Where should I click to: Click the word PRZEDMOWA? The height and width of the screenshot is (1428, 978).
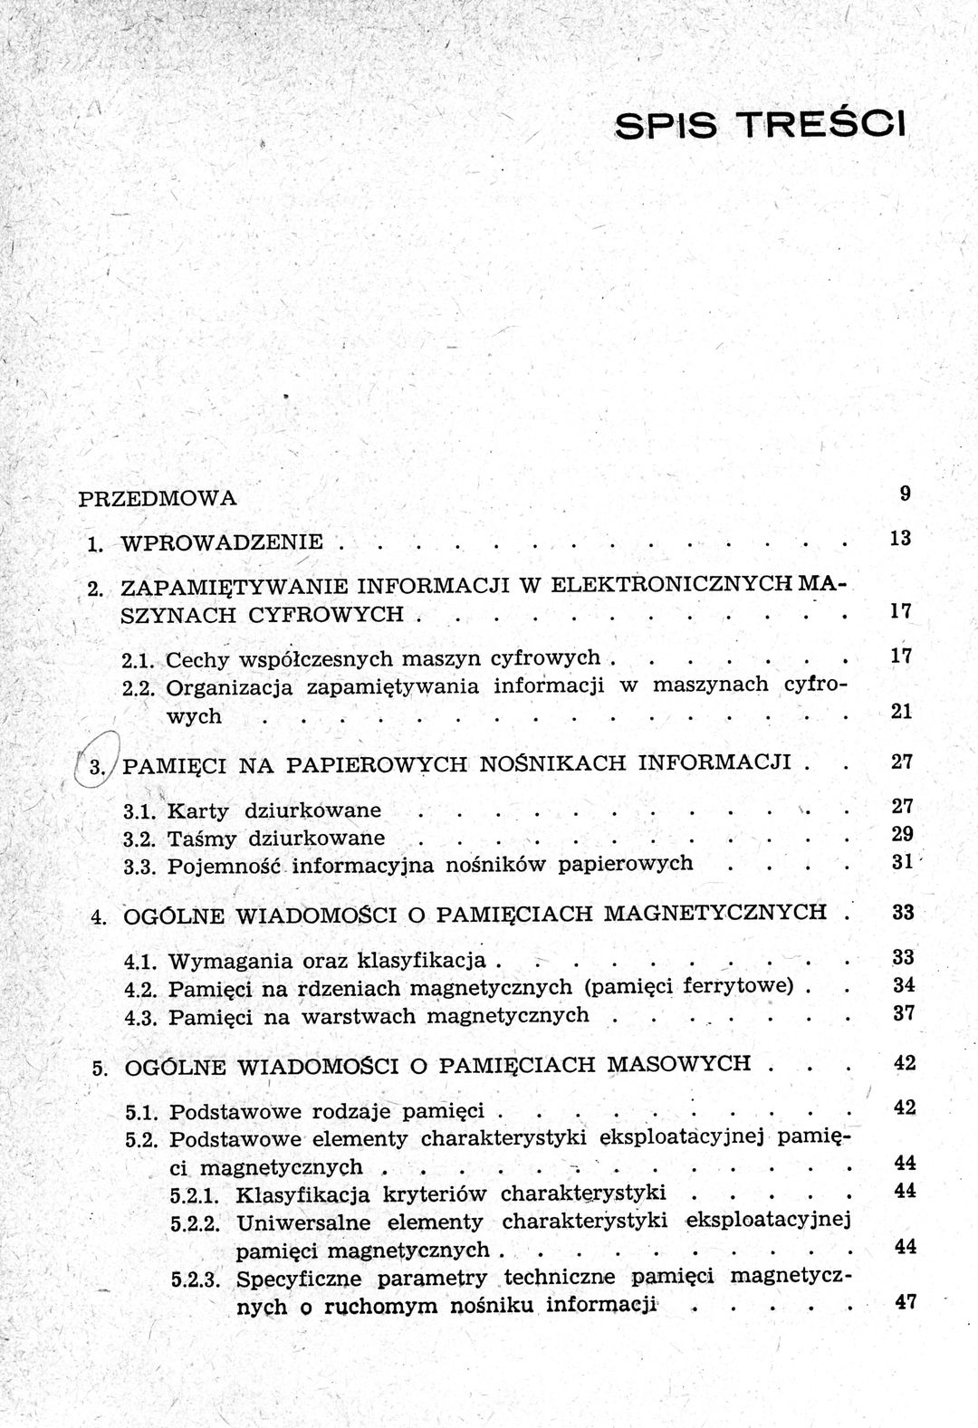coord(158,498)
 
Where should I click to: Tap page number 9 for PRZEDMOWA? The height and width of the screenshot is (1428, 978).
coord(905,494)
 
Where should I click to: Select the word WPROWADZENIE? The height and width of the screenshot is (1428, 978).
coord(222,542)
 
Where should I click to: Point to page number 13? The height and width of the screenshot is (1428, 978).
coord(899,539)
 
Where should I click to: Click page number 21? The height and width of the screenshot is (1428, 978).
coord(900,712)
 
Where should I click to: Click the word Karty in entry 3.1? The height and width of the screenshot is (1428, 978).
coord(198,810)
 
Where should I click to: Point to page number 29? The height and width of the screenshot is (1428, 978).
coord(902,834)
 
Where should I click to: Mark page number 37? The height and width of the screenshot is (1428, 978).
coord(903,1013)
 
